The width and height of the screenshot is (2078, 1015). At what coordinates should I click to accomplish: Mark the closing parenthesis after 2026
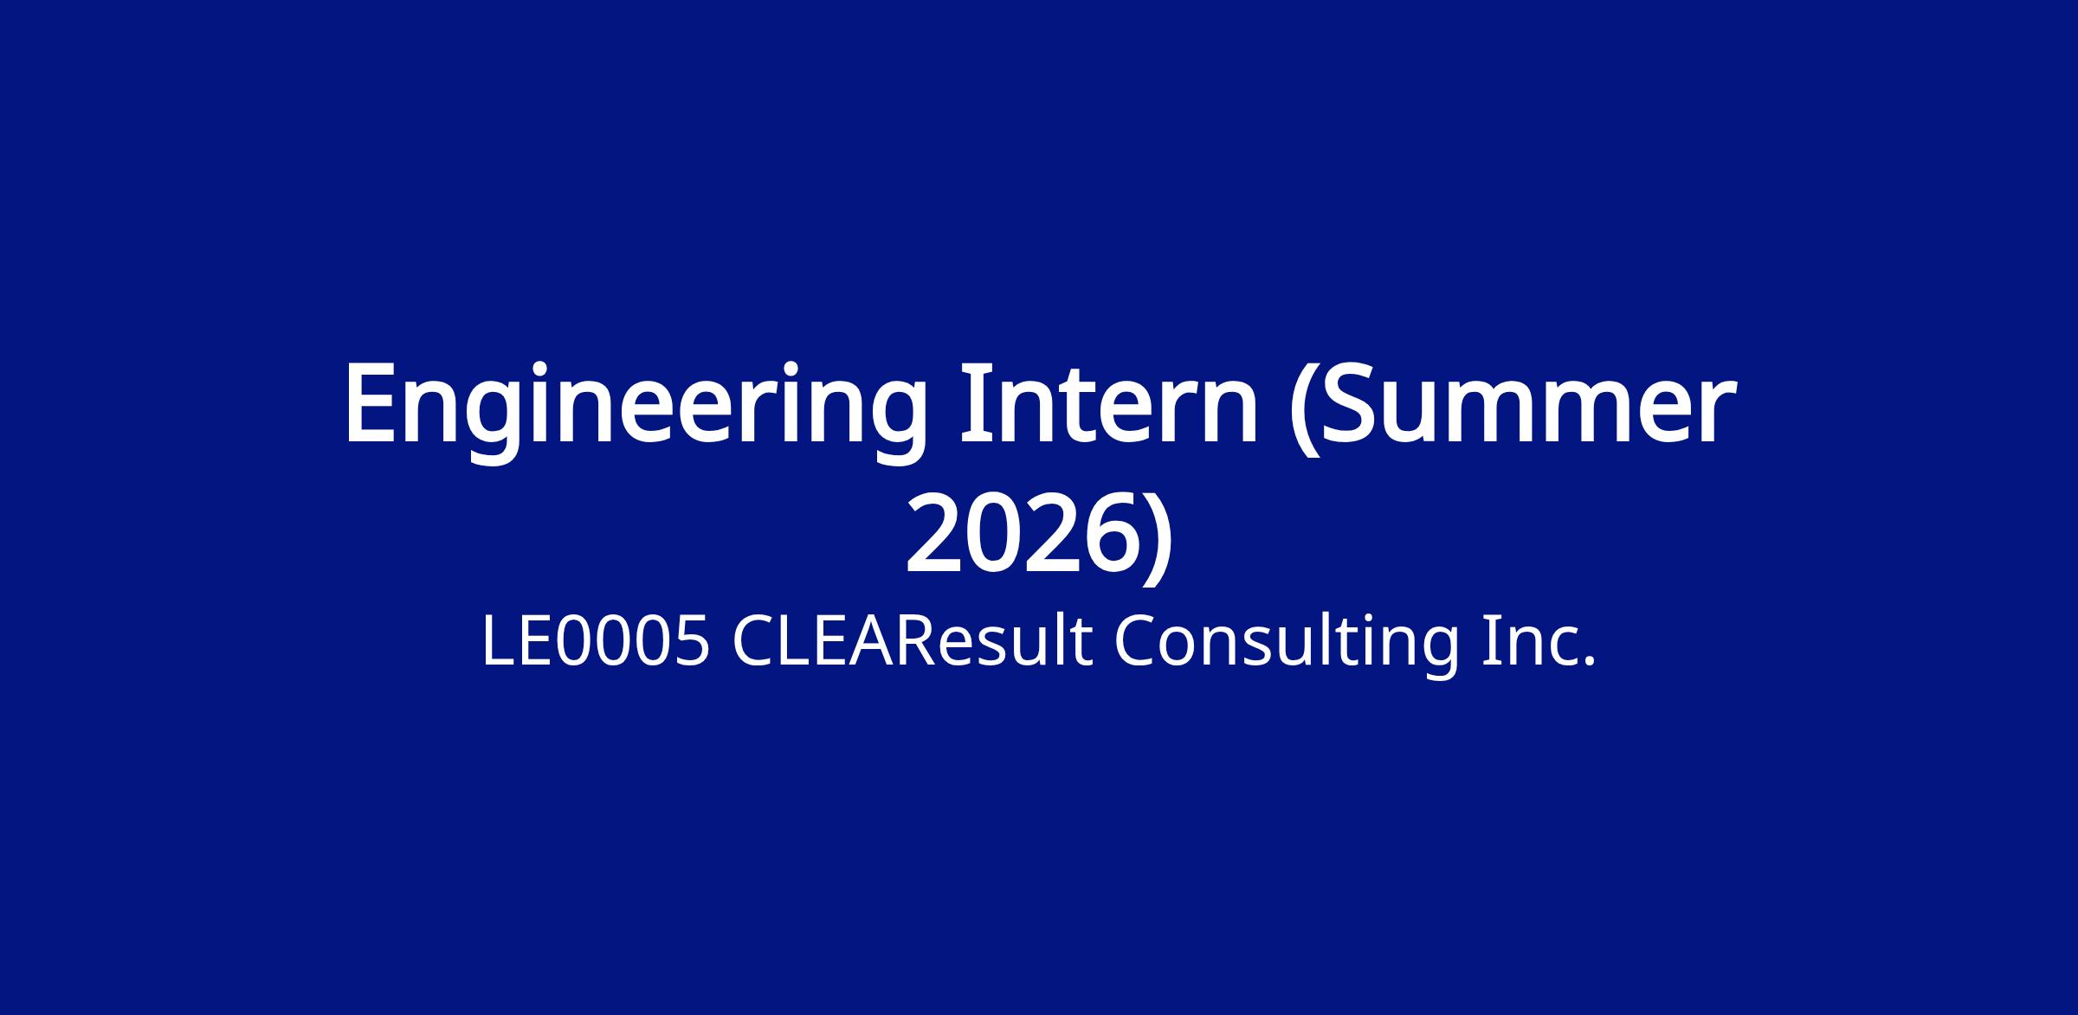click(1158, 536)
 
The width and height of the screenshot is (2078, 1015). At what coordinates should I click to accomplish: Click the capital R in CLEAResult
click(915, 642)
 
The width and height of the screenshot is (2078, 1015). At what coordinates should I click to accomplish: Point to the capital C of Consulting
click(1135, 642)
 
